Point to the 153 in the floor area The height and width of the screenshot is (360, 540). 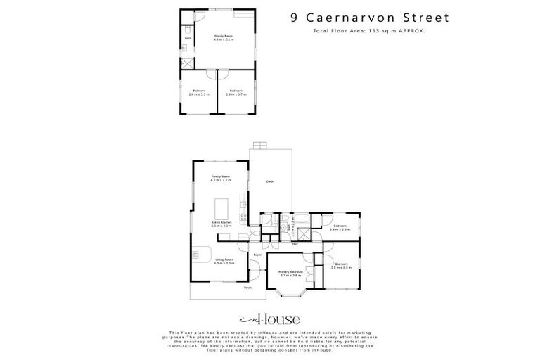click(369, 32)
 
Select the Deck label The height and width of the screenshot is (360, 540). click(269, 182)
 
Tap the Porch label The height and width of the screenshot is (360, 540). click(247, 288)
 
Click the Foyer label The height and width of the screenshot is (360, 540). click(257, 254)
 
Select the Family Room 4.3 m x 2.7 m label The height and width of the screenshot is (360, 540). click(221, 179)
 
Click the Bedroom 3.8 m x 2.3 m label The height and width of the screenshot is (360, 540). click(340, 227)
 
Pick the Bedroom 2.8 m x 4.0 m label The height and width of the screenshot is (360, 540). click(341, 266)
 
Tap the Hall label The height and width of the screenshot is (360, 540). click(285, 244)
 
